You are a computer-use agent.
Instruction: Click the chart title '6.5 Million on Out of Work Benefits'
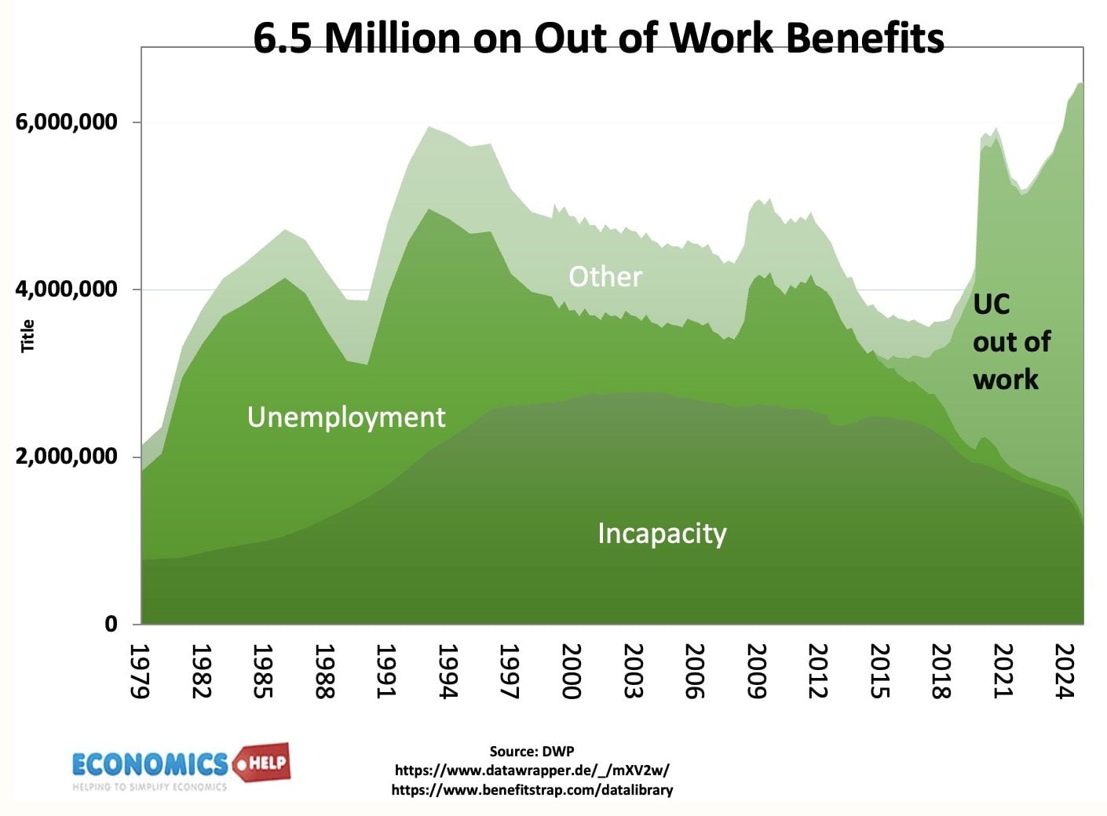coord(598,37)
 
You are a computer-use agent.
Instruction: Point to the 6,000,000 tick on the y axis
coord(67,122)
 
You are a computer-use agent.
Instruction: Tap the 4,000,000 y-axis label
coord(67,289)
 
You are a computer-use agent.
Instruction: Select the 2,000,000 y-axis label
coord(67,456)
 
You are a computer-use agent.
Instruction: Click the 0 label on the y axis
coord(111,624)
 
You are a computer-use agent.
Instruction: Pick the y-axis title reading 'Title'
coord(28,336)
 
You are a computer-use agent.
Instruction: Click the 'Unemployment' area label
coord(346,417)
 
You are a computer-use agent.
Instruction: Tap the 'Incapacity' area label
coord(662,534)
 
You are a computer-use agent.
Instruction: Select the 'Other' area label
coord(605,276)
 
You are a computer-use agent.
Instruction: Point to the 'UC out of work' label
coord(1011,342)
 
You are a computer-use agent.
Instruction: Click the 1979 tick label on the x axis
coord(140,671)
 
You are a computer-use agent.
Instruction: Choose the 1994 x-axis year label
coord(448,671)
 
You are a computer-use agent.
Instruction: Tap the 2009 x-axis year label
coord(756,671)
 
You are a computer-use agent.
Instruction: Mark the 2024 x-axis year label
coord(1065,671)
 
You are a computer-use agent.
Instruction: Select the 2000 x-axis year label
coord(572,671)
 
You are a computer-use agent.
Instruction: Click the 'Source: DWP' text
coord(532,751)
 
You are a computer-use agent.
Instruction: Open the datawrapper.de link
coord(532,770)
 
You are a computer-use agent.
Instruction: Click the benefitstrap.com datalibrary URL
coord(532,789)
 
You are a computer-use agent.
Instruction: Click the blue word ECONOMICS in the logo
coord(149,763)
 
